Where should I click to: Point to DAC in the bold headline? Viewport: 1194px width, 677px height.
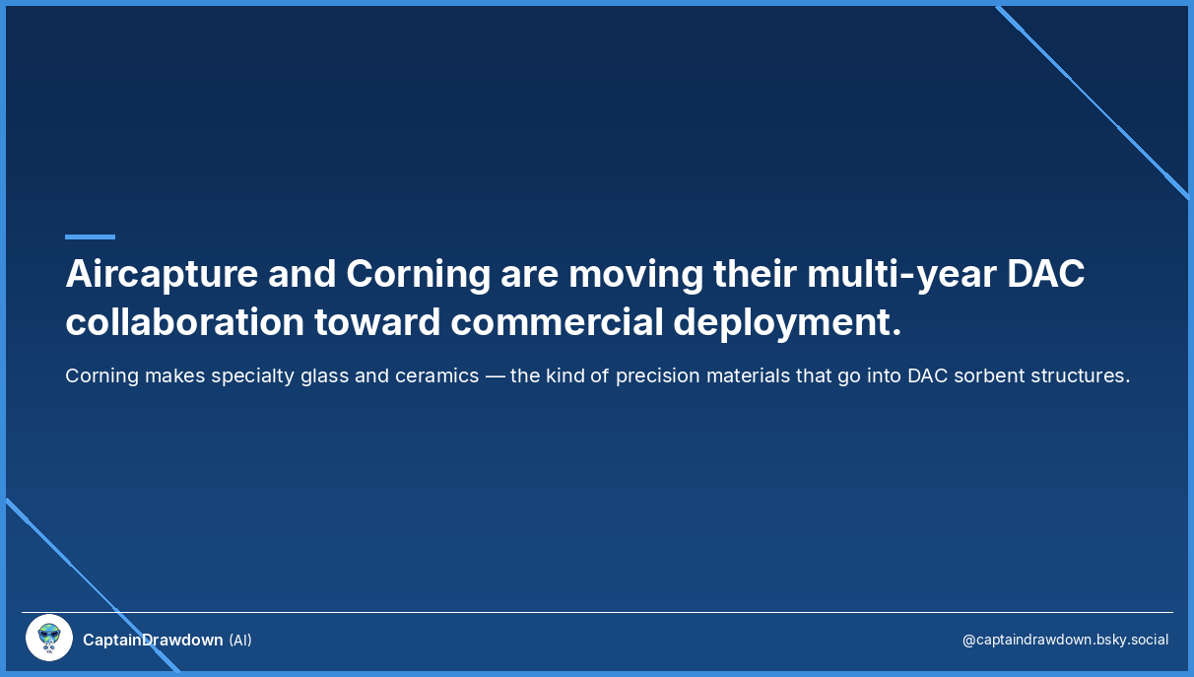(x=1045, y=274)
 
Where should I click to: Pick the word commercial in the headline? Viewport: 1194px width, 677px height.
(x=556, y=323)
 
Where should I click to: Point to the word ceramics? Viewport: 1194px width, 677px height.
(x=431, y=375)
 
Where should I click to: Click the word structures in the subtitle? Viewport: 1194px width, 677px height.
(x=1079, y=375)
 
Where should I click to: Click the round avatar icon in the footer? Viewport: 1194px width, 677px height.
(x=49, y=639)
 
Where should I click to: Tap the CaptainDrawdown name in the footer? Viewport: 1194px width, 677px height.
(x=153, y=641)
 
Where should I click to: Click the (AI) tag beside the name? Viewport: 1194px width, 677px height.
(x=240, y=641)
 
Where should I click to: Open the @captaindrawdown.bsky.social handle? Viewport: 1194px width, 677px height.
(x=1065, y=641)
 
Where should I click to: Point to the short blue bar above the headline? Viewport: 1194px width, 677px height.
(x=90, y=237)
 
